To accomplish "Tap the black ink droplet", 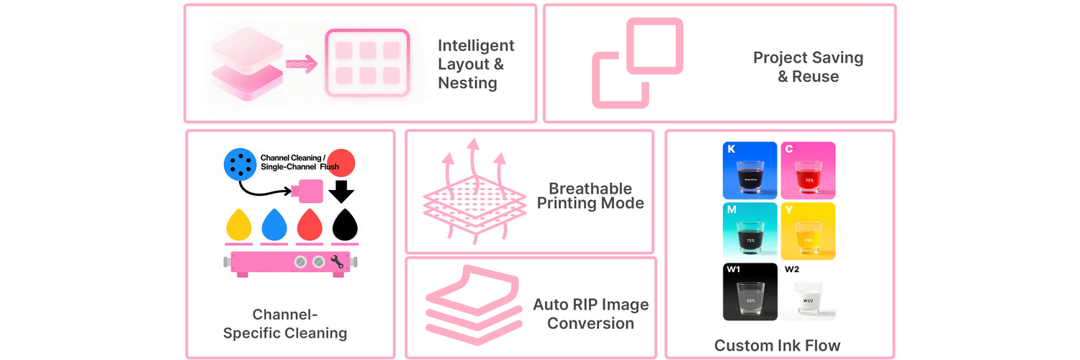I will click(345, 225).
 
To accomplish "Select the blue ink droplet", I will click(274, 225).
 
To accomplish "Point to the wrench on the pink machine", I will click(337, 263).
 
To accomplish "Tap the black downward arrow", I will click(342, 191).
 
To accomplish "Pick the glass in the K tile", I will click(749, 176).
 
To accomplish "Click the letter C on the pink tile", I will click(789, 149).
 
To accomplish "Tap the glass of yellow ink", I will click(808, 235).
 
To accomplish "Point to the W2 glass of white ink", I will click(808, 299).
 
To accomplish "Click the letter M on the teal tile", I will click(731, 210).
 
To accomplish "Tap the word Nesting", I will click(467, 83).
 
